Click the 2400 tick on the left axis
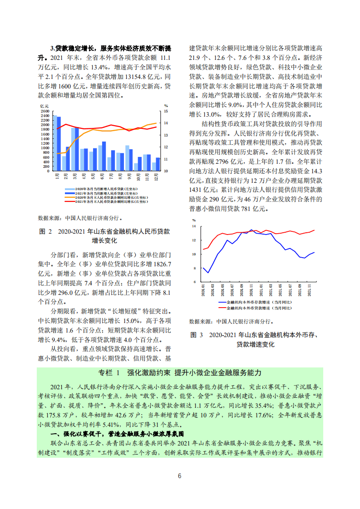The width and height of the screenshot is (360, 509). [x=44, y=116]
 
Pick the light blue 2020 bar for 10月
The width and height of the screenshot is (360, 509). [x=136, y=167]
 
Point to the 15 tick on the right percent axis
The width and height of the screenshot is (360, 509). [x=166, y=111]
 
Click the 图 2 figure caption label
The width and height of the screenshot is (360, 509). [x=46, y=231]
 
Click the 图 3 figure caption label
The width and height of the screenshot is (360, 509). [x=197, y=335]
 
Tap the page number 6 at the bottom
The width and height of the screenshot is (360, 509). [x=180, y=475]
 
